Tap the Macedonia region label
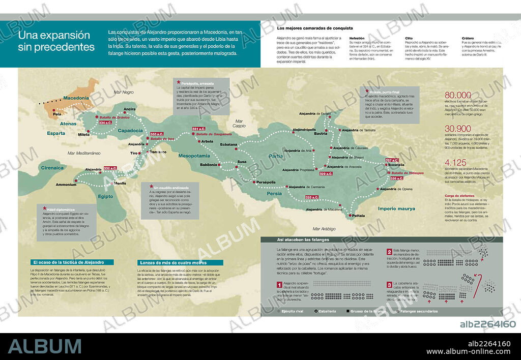point(76,98)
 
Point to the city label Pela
point(57,114)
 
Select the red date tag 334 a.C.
point(105,123)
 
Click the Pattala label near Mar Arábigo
point(358,216)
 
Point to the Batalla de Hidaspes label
point(409,173)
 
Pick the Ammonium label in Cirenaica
point(66,185)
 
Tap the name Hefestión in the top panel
point(357,38)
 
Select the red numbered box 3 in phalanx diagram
point(389,285)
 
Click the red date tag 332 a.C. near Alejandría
point(110,168)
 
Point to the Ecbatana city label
point(228,144)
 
